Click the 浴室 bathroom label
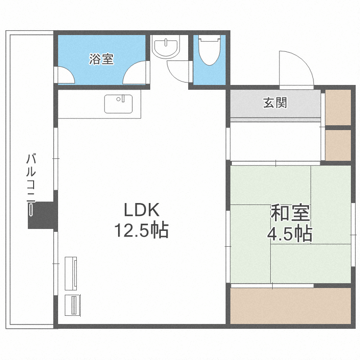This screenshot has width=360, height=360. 101,59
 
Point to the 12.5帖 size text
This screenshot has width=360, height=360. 141,231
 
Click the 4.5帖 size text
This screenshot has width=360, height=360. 290,234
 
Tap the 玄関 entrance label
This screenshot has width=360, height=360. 275,103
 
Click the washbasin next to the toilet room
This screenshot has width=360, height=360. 165,47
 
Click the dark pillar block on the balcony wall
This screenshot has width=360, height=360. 42,215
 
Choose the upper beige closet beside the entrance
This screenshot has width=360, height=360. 338,107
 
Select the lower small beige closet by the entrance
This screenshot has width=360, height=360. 338,145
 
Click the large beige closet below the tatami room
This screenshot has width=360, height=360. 291,305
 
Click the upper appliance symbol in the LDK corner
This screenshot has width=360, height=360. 71,273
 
